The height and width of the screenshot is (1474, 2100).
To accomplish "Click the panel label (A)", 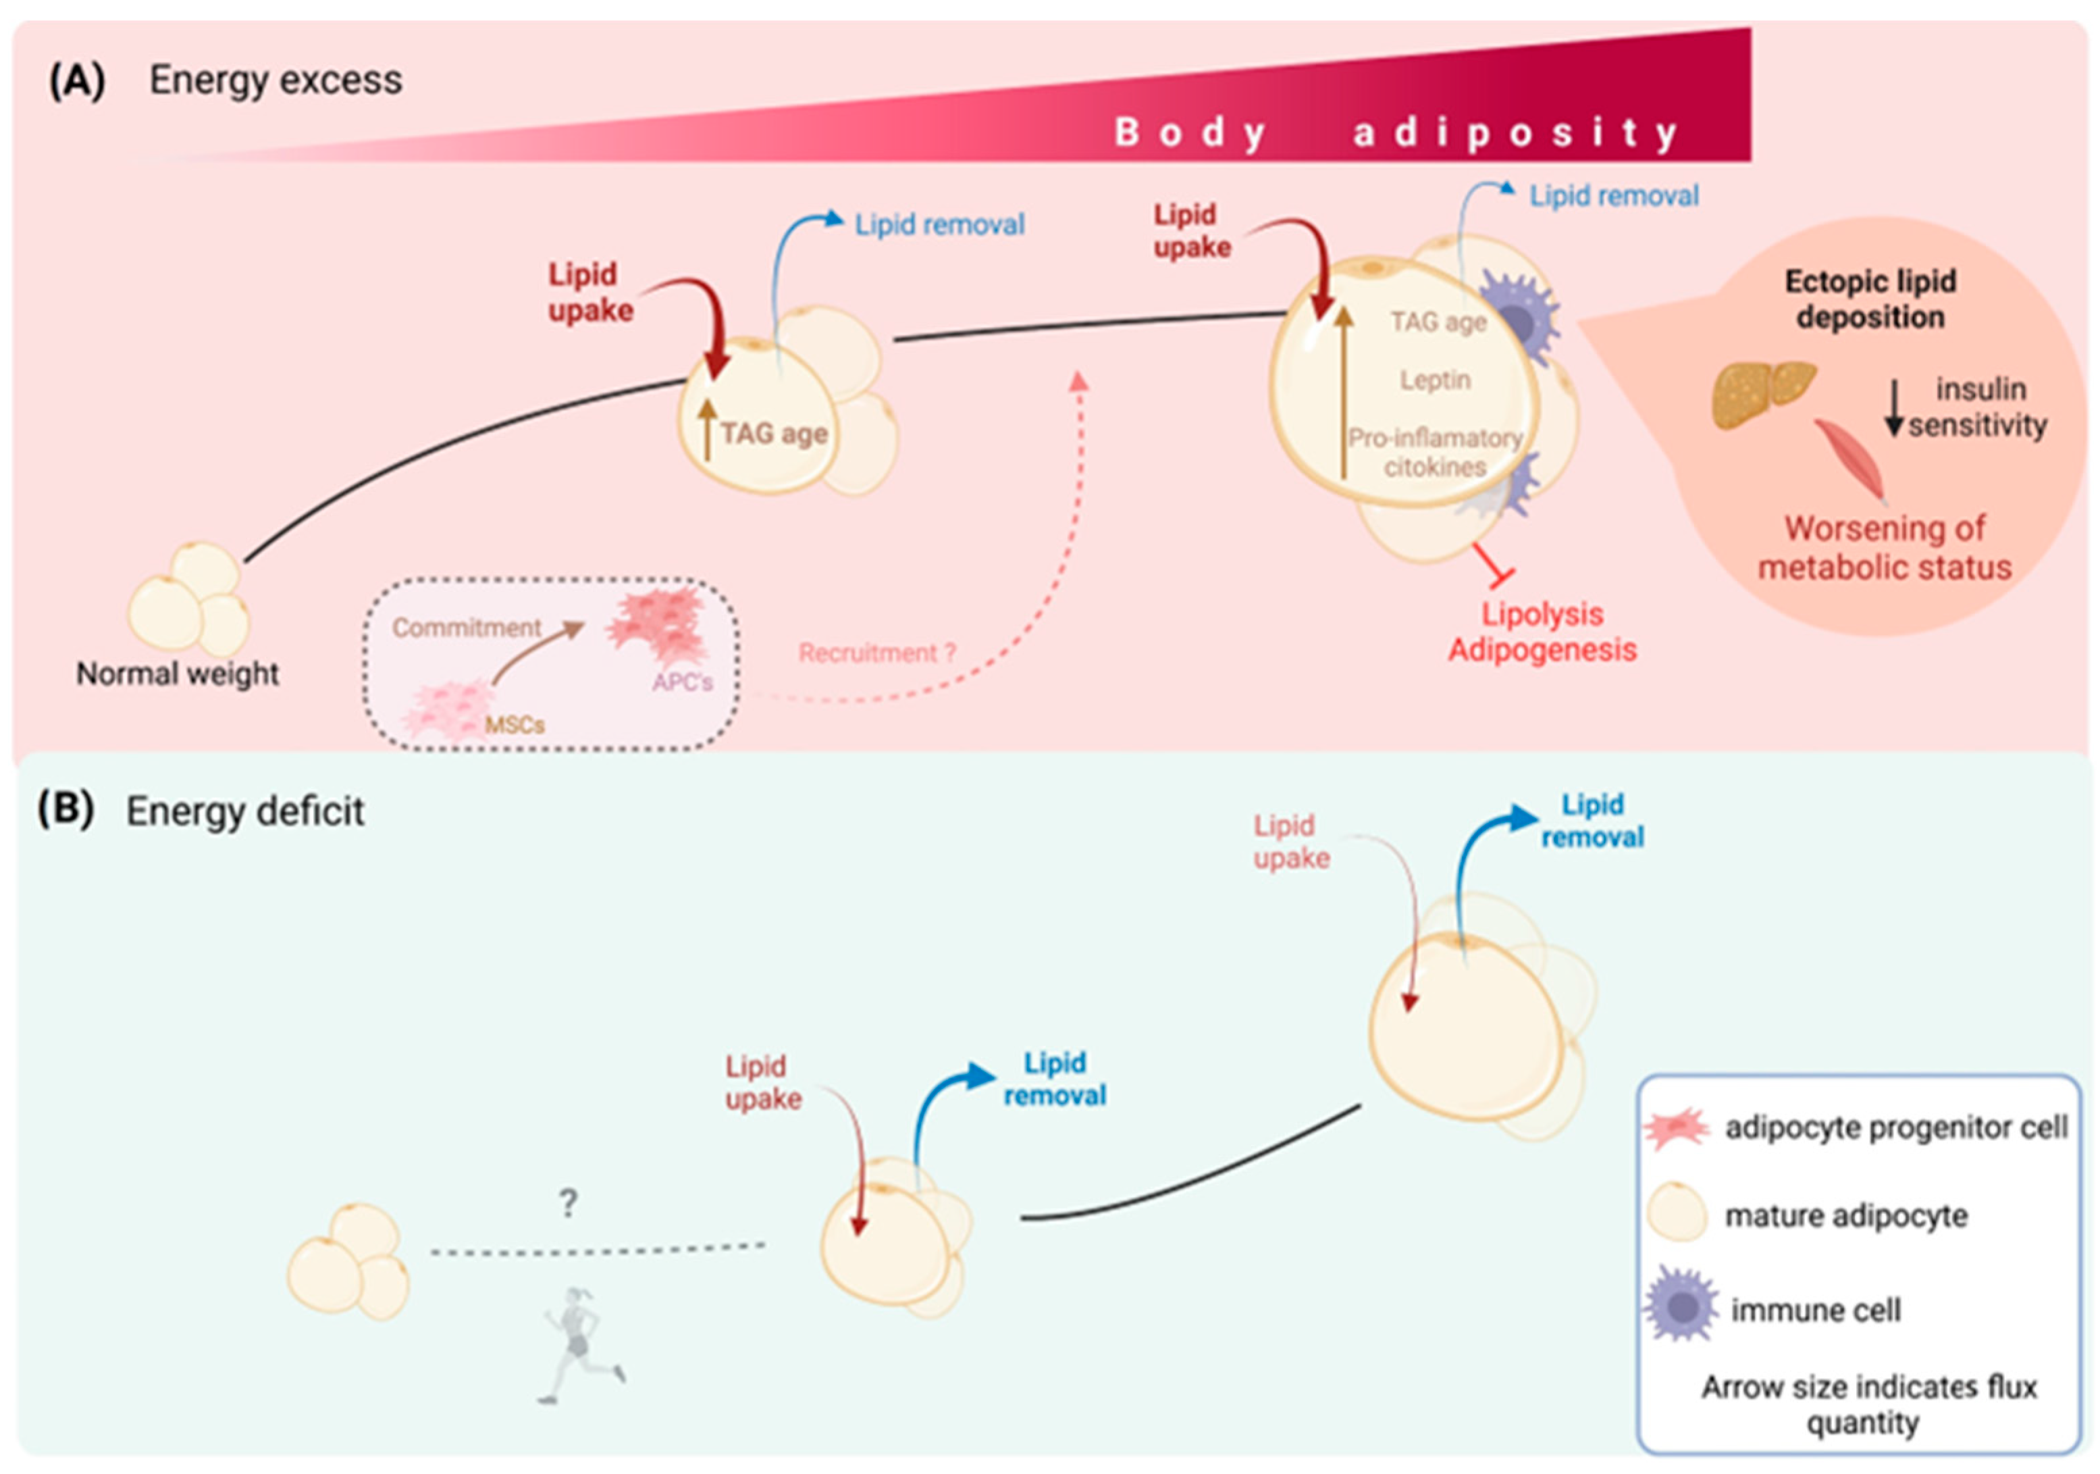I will [77, 80].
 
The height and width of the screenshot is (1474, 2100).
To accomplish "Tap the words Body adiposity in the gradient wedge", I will [1396, 132].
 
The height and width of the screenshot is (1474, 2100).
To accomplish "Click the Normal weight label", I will [178, 674].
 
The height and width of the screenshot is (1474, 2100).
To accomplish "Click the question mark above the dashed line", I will [568, 1203].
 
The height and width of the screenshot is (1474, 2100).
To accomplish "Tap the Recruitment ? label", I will [876, 653].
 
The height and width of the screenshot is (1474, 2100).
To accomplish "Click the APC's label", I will [682, 682].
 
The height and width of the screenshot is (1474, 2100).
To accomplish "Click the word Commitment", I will [467, 628].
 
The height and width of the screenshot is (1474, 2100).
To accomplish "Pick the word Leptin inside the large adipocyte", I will [1435, 380].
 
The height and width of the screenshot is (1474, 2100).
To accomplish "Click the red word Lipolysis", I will [1542, 614].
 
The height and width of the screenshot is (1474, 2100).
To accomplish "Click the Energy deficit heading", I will [245, 811].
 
